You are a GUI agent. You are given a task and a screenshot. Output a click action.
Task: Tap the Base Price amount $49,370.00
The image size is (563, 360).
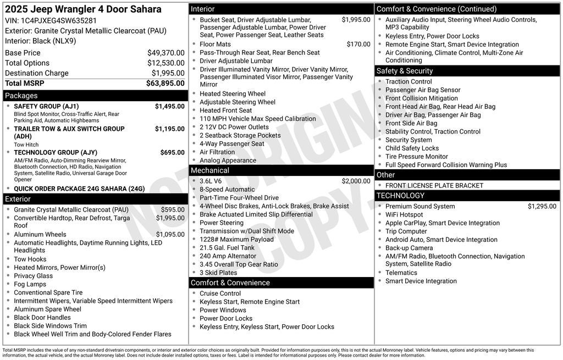tap(165, 53)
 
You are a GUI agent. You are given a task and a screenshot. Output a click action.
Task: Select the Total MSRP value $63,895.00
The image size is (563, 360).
tap(165, 84)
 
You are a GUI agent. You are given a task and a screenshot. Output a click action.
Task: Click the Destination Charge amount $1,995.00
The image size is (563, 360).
tap(168, 73)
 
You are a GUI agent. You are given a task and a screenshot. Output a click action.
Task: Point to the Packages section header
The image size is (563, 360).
tap(21, 96)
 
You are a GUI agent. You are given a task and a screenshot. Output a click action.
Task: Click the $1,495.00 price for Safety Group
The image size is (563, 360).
tap(169, 107)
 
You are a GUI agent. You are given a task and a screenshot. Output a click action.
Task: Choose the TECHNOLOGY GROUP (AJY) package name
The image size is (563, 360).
tap(56, 153)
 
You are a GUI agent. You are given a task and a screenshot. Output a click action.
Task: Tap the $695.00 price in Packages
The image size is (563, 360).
tap(172, 153)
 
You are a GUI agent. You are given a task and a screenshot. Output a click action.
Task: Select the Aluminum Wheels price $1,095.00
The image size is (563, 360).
tap(170, 235)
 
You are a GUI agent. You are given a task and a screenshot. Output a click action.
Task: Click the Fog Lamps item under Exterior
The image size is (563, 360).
tap(30, 284)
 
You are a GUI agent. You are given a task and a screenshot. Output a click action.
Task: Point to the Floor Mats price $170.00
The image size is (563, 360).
tap(358, 45)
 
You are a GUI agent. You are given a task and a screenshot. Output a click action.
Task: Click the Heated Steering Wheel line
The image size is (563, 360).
tap(233, 94)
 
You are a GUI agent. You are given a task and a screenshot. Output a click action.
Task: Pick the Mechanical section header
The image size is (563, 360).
tap(210, 170)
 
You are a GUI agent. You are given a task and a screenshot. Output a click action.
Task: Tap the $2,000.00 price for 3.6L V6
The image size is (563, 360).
tap(356, 181)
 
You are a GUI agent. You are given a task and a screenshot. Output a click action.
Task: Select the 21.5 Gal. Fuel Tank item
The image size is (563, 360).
tap(227, 248)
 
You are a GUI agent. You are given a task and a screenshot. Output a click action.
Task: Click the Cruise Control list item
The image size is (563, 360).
tap(220, 293)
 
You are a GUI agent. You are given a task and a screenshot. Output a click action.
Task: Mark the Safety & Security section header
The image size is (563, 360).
tap(405, 71)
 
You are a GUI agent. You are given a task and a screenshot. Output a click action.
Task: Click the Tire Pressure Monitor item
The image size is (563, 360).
tap(416, 157)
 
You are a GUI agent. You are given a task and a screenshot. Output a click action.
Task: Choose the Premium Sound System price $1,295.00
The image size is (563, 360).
tap(542, 207)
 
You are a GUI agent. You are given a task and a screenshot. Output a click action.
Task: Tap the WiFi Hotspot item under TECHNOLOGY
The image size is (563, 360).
tap(404, 215)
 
